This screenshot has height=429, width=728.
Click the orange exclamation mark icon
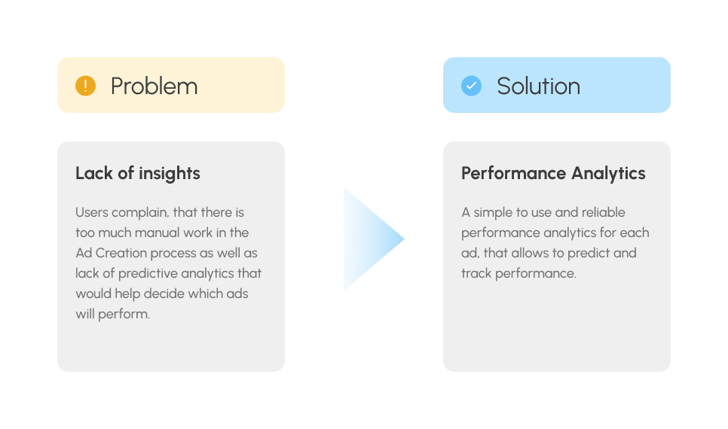pyautogui.click(x=85, y=86)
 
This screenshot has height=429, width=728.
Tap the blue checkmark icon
pyautogui.click(x=471, y=86)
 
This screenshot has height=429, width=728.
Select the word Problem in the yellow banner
pyautogui.click(x=154, y=87)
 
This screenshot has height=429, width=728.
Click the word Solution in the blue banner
pyautogui.click(x=539, y=87)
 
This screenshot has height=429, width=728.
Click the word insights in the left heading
pyautogui.click(x=170, y=173)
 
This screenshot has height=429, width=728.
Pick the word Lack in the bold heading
pyautogui.click(x=94, y=173)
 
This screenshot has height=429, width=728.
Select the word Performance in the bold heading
pyautogui.click(x=513, y=173)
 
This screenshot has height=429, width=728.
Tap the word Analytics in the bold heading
pyautogui.click(x=608, y=173)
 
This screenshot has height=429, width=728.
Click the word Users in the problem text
pyautogui.click(x=92, y=212)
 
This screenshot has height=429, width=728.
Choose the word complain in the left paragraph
pyautogui.click(x=140, y=213)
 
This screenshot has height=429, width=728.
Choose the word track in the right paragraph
pyautogui.click(x=476, y=274)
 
